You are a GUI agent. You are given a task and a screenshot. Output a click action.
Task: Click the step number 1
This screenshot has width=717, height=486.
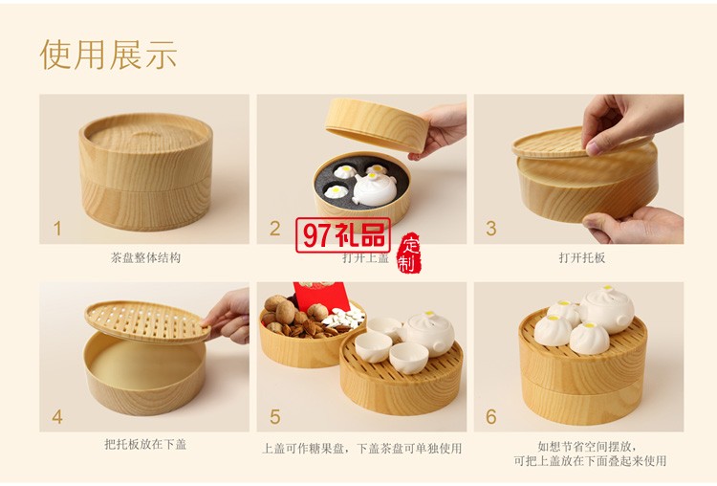click(x=57, y=229)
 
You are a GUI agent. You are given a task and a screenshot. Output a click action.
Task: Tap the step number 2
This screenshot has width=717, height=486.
click(x=274, y=229)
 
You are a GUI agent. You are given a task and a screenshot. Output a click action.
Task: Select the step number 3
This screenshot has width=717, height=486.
click(x=491, y=229)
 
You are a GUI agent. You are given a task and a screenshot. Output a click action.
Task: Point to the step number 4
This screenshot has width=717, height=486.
click(x=57, y=417)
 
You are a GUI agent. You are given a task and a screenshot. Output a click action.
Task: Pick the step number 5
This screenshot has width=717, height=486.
click(x=274, y=417)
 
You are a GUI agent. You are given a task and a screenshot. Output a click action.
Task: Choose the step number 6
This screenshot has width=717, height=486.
click(x=491, y=417)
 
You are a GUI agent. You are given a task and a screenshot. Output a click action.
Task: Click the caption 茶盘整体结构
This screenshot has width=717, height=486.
click(x=144, y=258)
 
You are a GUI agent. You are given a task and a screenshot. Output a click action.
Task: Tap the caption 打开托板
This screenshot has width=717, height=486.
click(x=582, y=258)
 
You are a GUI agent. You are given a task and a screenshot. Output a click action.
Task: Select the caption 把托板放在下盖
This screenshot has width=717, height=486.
click(x=144, y=446)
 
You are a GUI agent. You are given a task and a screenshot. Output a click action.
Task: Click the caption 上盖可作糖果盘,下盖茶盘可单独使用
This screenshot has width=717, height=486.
click(x=361, y=448)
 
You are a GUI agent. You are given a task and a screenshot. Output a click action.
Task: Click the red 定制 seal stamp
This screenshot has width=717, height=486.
click(x=408, y=252)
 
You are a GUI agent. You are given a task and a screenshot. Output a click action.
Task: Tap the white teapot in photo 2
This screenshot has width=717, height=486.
click(x=374, y=187)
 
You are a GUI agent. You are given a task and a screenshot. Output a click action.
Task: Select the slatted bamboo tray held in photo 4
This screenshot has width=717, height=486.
click(x=145, y=321)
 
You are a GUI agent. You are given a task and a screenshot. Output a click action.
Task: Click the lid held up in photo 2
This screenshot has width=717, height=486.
click(x=374, y=122)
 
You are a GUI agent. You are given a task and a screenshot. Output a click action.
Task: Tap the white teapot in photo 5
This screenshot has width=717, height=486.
click(x=427, y=331)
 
